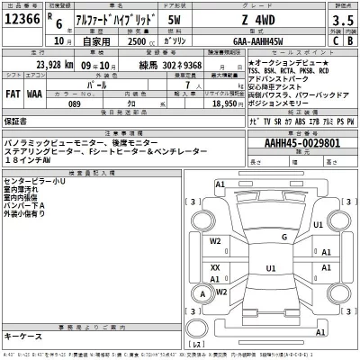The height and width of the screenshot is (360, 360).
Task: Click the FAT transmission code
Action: (14, 91)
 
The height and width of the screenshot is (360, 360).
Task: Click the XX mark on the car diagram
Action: (215, 267)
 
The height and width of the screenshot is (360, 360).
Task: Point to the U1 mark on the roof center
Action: (270, 267)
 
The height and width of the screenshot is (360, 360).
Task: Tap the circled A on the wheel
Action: (206, 293)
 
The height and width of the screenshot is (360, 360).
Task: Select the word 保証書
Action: (16, 119)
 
